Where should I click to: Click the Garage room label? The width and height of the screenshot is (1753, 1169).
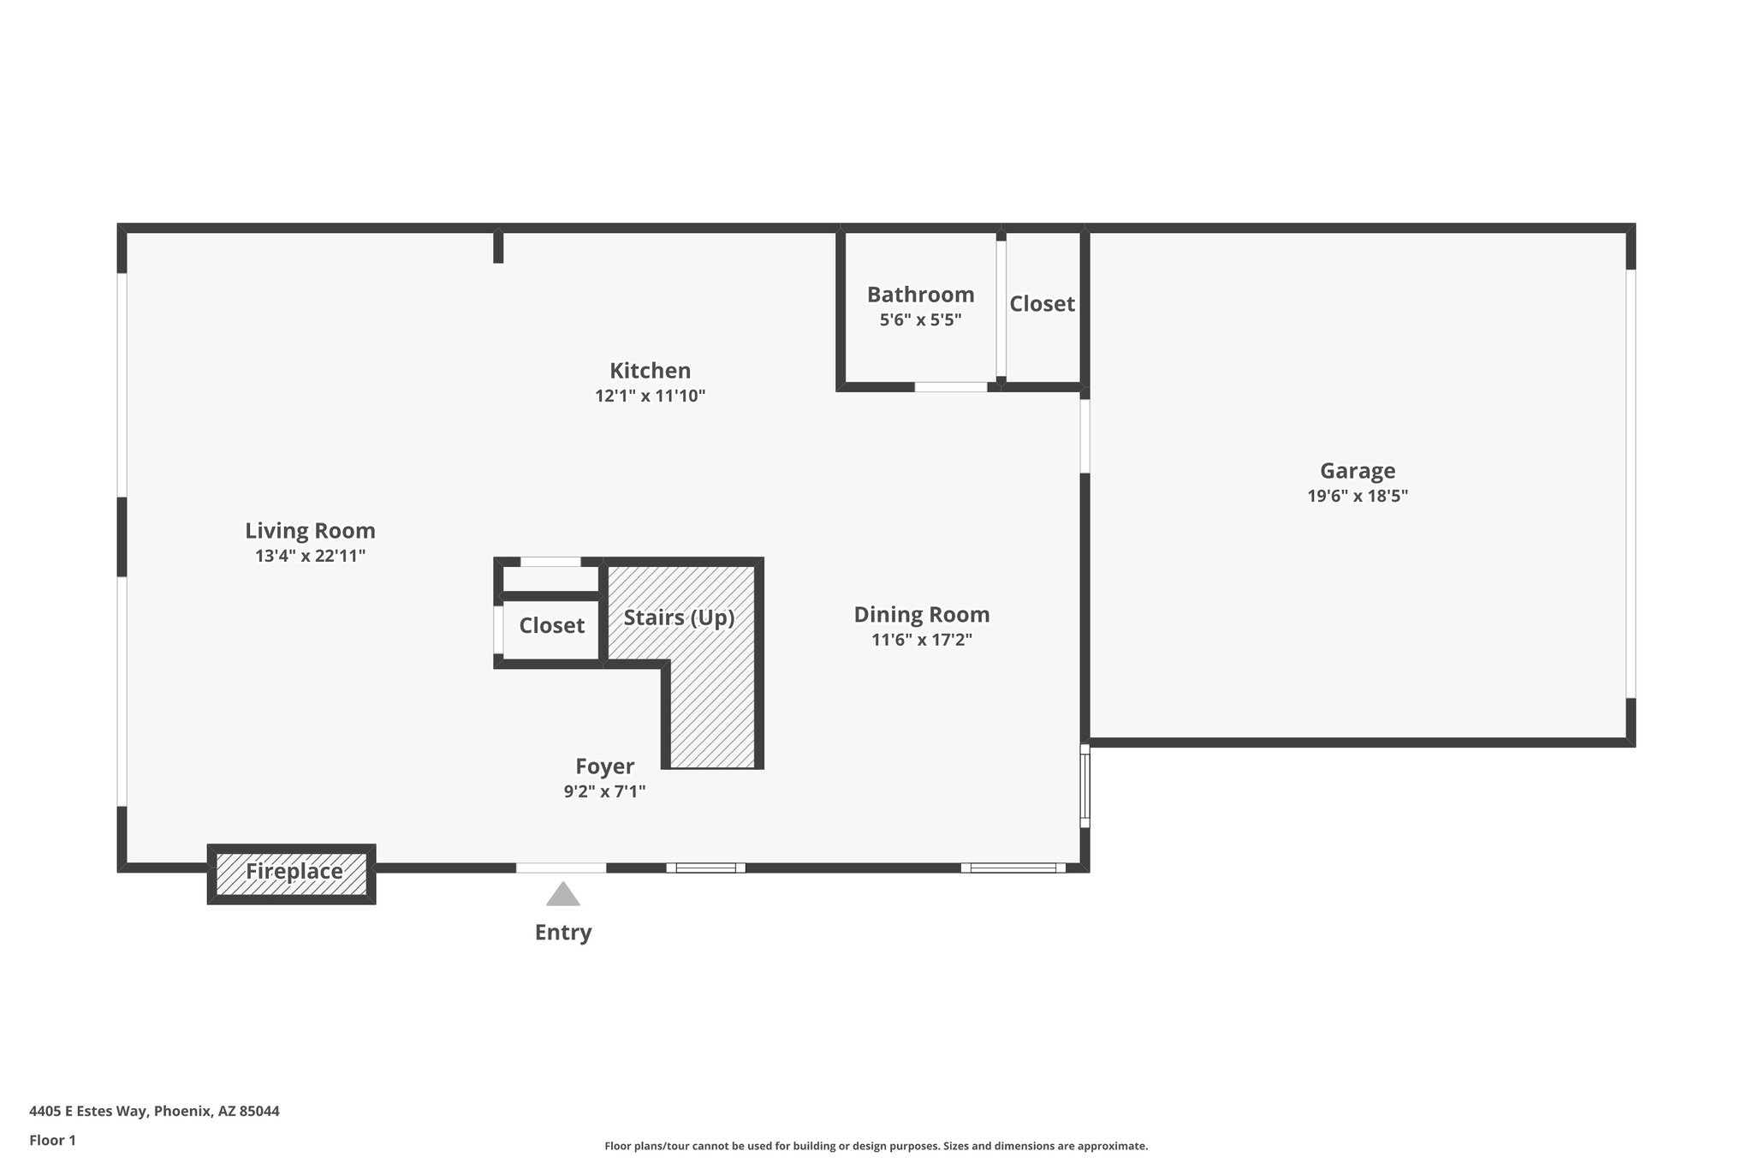1357,470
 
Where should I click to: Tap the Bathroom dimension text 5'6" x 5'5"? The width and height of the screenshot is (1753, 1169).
920,320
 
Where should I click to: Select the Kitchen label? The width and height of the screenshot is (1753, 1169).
650,371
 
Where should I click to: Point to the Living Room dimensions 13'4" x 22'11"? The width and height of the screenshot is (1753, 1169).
310,556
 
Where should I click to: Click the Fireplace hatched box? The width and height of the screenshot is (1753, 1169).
292,873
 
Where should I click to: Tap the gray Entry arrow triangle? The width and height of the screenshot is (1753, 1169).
562,895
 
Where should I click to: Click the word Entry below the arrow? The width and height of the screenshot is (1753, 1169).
562,932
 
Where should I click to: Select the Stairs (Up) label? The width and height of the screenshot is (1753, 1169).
679,617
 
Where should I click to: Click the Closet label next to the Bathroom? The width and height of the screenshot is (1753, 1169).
1042,304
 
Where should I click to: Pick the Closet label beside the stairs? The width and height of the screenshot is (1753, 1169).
551,625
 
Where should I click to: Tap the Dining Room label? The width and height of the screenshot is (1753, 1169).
921,614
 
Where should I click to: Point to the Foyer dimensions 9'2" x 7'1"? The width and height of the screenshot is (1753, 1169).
603,791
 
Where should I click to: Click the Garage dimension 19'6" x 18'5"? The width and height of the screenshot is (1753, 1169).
1357,496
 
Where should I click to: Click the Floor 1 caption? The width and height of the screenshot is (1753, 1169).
52,1140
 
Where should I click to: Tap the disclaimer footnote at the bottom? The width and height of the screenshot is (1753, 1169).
876,1146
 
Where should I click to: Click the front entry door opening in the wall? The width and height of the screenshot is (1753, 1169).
561,868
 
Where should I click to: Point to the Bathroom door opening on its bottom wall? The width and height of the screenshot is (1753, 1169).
950,387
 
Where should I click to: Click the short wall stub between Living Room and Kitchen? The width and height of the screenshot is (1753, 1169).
498,247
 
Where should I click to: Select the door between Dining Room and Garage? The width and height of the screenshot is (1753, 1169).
1084,436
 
